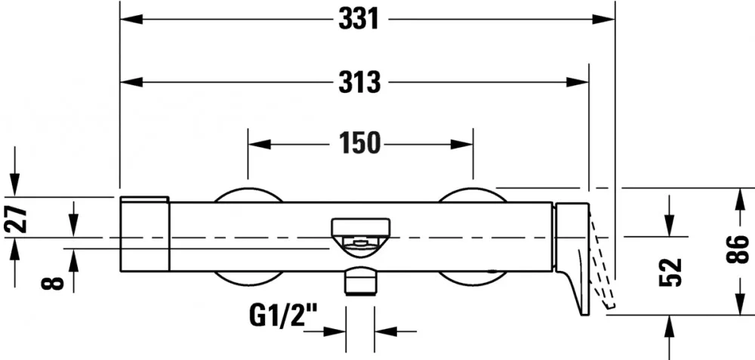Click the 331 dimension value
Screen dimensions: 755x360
[359, 20]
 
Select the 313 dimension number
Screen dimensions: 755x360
[359, 82]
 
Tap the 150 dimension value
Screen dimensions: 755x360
[359, 143]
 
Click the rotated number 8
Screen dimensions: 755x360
[53, 282]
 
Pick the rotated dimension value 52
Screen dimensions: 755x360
[670, 272]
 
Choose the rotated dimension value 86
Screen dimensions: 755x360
[738, 249]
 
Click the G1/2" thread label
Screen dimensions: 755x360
[284, 315]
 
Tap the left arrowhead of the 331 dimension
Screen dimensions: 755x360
[131, 20]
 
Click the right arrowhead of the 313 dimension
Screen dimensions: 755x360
[577, 82]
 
